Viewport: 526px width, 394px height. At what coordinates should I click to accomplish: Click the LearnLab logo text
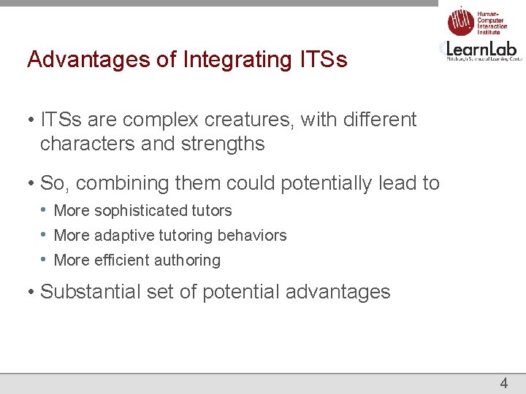point(483,49)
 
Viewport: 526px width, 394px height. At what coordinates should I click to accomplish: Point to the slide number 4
point(503,383)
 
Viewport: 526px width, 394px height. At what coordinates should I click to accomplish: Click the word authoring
point(188,260)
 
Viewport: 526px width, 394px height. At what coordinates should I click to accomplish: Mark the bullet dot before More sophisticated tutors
point(45,211)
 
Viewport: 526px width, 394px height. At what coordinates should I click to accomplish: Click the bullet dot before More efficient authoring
point(45,260)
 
